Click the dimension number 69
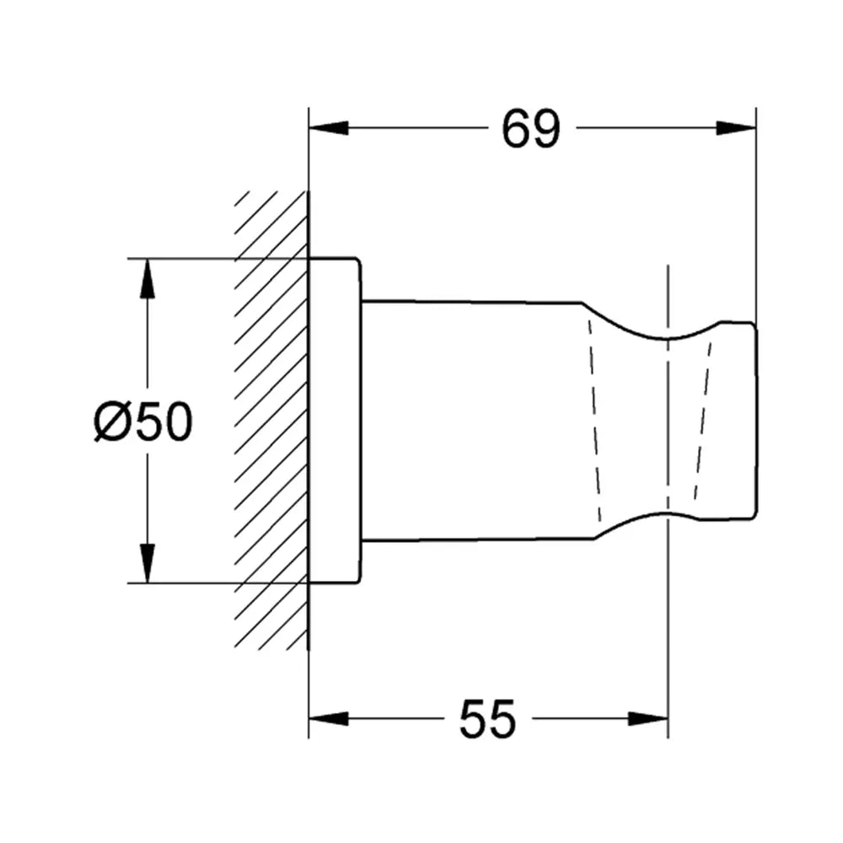[x=530, y=129]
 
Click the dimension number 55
[x=487, y=719]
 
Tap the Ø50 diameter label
[x=142, y=421]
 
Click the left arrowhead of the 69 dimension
[x=329, y=128]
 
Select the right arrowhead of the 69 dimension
[x=736, y=128]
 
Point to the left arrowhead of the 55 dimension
[x=329, y=718]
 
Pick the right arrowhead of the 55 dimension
[x=647, y=718]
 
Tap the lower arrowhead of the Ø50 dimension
[x=147, y=563]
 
